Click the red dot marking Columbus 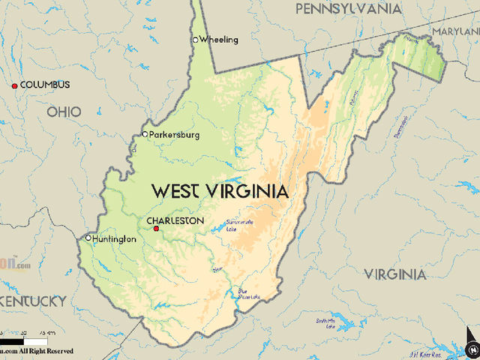click(x=14, y=85)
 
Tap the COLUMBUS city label click(x=45, y=85)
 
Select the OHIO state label click(x=64, y=112)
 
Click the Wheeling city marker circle click(x=196, y=40)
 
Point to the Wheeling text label click(x=220, y=39)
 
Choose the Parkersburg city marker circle click(x=145, y=135)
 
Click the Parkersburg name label click(x=175, y=135)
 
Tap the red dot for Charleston click(x=156, y=229)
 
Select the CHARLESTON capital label click(x=175, y=220)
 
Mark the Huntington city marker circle click(x=88, y=238)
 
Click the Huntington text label click(x=115, y=239)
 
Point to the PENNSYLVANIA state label click(x=347, y=9)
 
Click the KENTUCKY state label click(x=34, y=301)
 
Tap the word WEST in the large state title click(x=179, y=191)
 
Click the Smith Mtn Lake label click(x=325, y=323)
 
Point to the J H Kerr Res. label click(x=424, y=352)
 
